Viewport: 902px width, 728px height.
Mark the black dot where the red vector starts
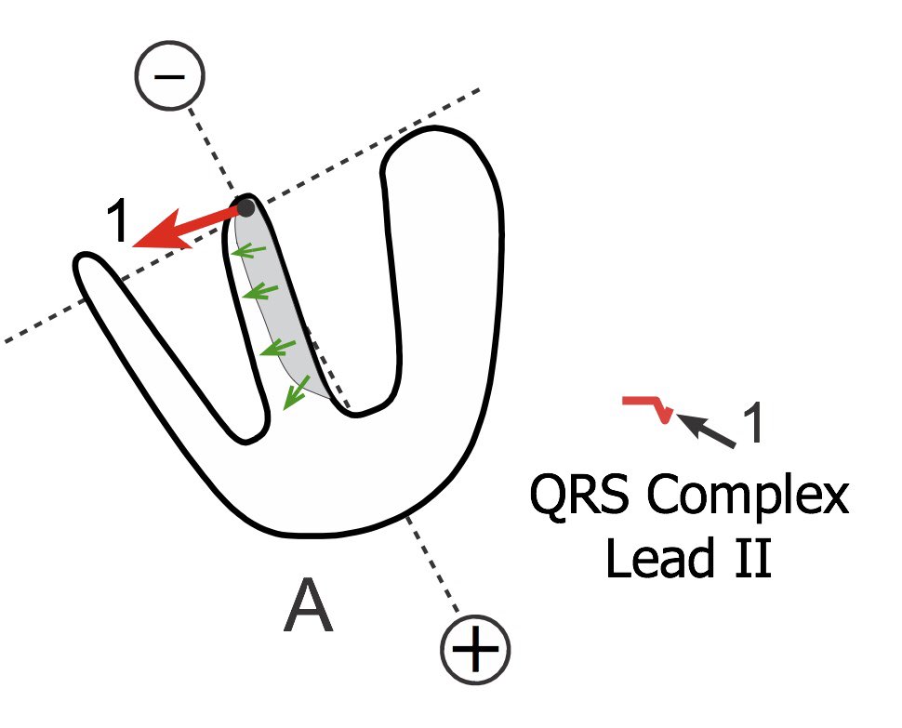pos(245,206)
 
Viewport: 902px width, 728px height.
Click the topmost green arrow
pos(245,251)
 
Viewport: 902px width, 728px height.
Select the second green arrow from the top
pos(255,293)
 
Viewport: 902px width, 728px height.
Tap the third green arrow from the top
pos(272,349)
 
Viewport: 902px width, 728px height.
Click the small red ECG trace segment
pos(647,406)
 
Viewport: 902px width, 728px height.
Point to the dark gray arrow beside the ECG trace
pos(707,430)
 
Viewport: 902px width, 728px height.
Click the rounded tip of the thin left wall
pos(88,268)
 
